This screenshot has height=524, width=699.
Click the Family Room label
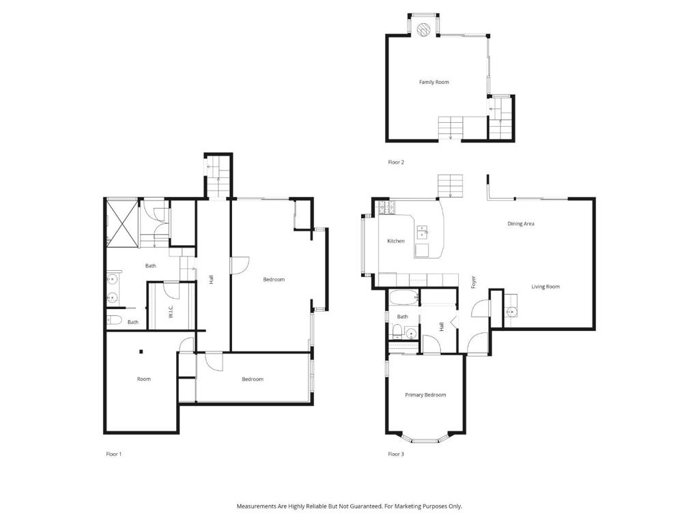[434, 82]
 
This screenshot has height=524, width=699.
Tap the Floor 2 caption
[396, 162]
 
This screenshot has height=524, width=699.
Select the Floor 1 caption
[113, 454]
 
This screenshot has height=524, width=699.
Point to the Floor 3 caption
[396, 454]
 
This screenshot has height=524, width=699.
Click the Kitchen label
[396, 241]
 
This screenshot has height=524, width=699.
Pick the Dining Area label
[520, 224]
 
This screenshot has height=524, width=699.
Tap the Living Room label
[545, 287]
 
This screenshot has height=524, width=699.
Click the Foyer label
[473, 281]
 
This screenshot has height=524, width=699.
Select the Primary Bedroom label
[425, 395]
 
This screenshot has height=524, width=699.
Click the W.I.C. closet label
[171, 311]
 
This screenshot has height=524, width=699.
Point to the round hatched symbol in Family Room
[423, 29]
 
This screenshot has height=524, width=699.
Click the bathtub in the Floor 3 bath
[403, 298]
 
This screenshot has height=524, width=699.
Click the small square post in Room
[141, 352]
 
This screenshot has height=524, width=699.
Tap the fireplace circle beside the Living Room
[511, 312]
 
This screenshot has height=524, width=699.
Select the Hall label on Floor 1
[212, 279]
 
